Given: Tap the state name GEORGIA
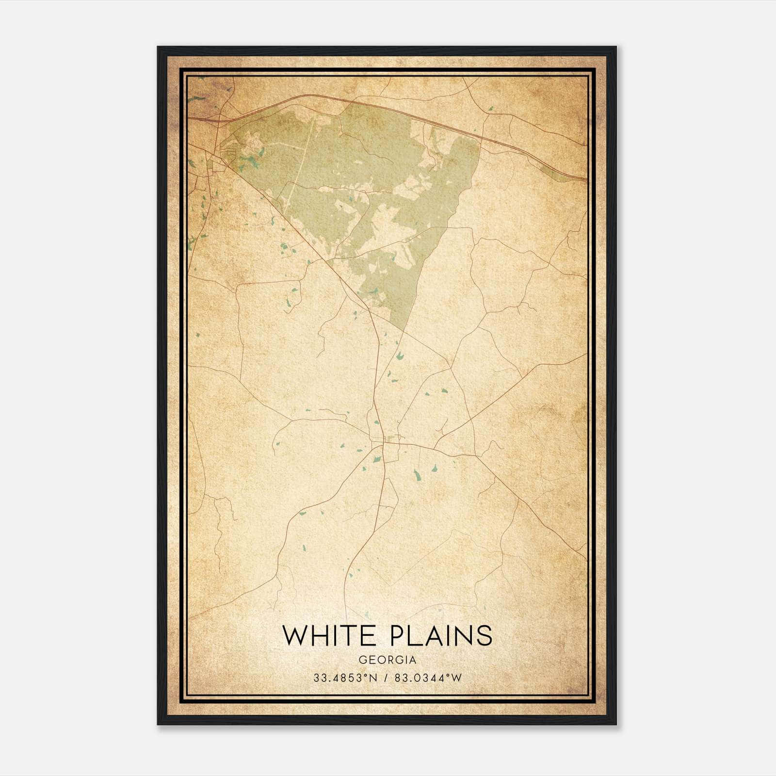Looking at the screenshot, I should pyautogui.click(x=387, y=660).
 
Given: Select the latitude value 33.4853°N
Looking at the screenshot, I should pyautogui.click(x=345, y=678).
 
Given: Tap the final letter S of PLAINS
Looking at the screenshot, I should pyautogui.click(x=485, y=635).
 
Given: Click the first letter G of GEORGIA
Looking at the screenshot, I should pyautogui.click(x=362, y=660).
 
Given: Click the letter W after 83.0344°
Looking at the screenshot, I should pyautogui.click(x=457, y=678).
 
